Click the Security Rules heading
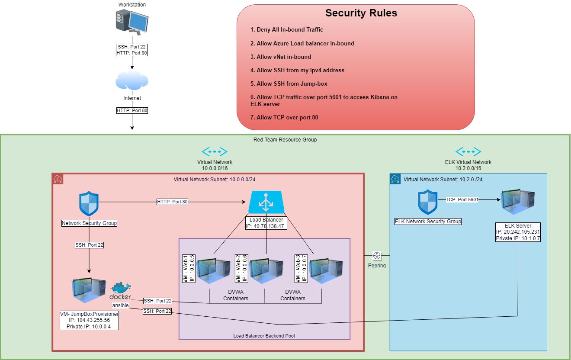point(361,13)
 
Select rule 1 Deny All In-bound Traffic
point(286,30)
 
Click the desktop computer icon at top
point(132,23)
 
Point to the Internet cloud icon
point(132,81)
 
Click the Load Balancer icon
point(266,202)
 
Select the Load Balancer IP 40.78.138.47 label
point(266,226)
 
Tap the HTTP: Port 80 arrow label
point(172,202)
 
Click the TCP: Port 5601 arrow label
point(462,199)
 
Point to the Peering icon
point(377,256)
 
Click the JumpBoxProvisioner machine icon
point(89,291)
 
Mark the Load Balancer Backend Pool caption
point(264,336)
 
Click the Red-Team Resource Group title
point(285,140)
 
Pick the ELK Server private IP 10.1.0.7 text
point(518,238)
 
